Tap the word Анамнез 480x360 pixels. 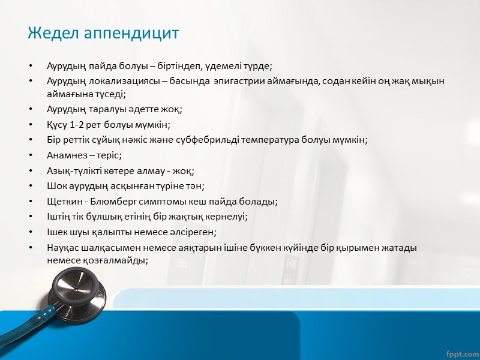66,155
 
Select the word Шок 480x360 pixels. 57,185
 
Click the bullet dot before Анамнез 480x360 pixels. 31,155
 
